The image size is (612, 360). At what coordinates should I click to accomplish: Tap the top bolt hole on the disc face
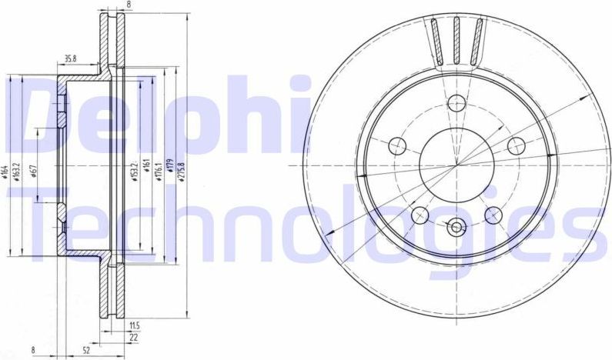[457, 103]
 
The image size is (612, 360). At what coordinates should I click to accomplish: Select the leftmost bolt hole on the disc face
[398, 145]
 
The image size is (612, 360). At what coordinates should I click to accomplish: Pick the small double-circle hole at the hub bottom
[457, 227]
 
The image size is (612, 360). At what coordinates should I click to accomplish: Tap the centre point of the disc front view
[457, 165]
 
